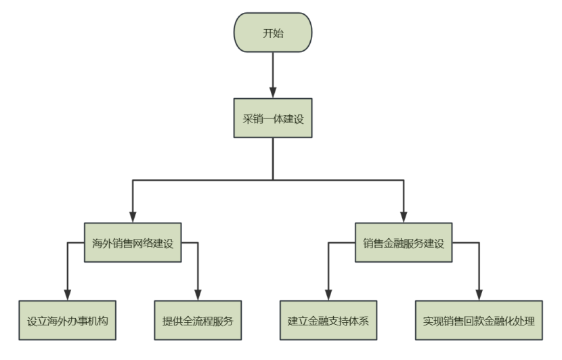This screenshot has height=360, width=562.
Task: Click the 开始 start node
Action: coord(273,32)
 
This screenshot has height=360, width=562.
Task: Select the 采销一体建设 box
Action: coord(273,118)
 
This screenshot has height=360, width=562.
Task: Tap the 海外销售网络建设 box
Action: coord(133,243)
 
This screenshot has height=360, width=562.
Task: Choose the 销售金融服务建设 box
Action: coord(404,243)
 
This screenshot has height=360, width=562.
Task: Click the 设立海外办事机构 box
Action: coord(68,320)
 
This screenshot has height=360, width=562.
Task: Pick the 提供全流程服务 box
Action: coord(198,320)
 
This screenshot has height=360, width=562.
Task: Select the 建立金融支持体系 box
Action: coord(328,320)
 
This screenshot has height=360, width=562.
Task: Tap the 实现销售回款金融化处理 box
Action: coord(479,320)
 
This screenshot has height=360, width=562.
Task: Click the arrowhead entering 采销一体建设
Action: coord(273,93)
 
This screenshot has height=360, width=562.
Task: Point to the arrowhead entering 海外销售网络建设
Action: coord(133,218)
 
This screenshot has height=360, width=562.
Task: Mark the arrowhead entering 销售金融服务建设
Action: coord(404,218)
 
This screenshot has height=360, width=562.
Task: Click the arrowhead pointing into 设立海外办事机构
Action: coord(68,295)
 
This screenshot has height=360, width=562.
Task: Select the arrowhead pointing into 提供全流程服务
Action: coord(198,295)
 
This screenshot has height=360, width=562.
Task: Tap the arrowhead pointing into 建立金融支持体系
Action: coord(328,295)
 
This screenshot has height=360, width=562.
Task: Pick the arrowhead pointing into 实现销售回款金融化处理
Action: coord(479,295)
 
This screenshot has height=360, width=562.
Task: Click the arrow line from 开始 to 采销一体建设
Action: coord(273,71)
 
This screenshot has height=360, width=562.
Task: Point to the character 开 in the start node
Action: coord(267,32)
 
